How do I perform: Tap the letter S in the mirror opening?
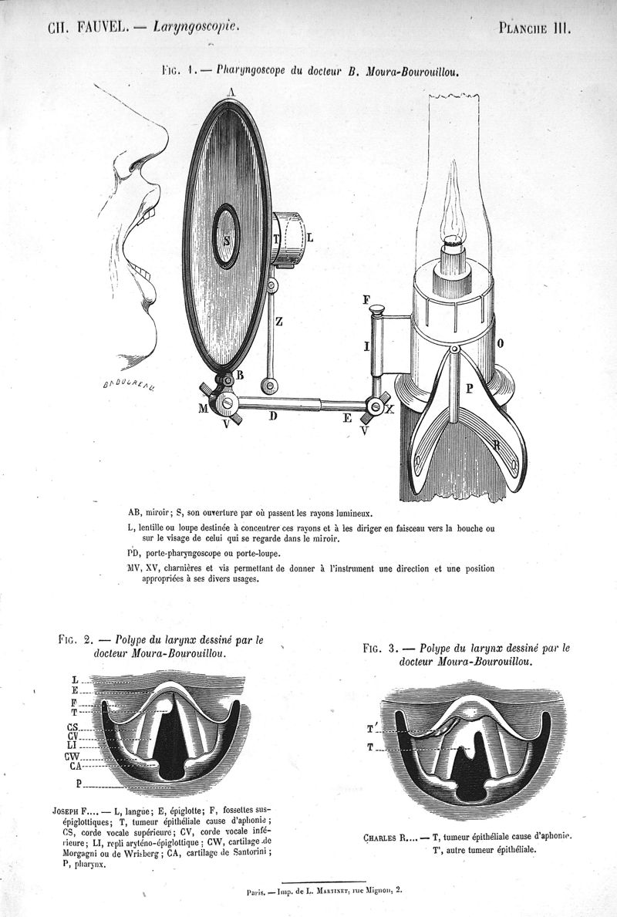point(226,240)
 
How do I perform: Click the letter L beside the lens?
point(309,238)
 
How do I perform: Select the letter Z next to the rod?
point(278,324)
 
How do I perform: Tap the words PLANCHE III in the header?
point(534,29)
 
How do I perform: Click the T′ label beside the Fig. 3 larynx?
point(372,727)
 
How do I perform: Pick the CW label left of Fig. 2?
point(75,757)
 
